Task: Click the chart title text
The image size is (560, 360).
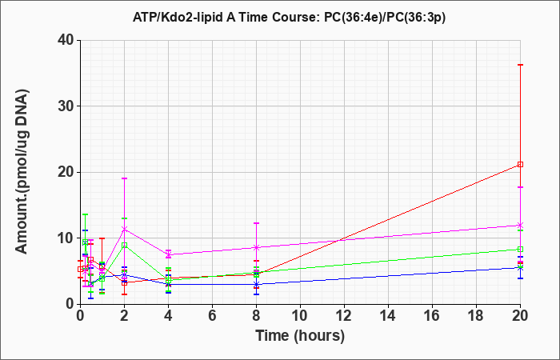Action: pyautogui.click(x=289, y=18)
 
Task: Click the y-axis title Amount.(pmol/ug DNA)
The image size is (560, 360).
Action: pyautogui.click(x=22, y=172)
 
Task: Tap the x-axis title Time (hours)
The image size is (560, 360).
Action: pyautogui.click(x=300, y=336)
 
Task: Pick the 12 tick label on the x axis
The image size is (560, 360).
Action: pyautogui.click(x=344, y=316)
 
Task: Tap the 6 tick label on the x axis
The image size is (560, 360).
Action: pyautogui.click(x=212, y=316)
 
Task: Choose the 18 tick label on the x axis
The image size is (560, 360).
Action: pyautogui.click(x=476, y=316)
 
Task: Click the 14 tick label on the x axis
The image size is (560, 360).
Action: pyautogui.click(x=388, y=316)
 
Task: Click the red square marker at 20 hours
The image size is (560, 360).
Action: pyautogui.click(x=520, y=165)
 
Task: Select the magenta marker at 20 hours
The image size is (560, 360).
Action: pyautogui.click(x=520, y=226)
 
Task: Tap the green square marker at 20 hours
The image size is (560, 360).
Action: pyautogui.click(x=520, y=250)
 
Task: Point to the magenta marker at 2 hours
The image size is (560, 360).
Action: pyautogui.click(x=124, y=229)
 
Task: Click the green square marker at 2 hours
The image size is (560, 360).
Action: pyautogui.click(x=124, y=246)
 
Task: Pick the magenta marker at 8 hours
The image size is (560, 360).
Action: pyautogui.click(x=256, y=247)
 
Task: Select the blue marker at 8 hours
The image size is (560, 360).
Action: pyautogui.click(x=256, y=284)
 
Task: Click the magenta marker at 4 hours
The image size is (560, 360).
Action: pyautogui.click(x=168, y=254)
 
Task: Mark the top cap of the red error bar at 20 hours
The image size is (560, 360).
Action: pyautogui.click(x=520, y=65)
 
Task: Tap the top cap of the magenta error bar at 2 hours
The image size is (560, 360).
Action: pyautogui.click(x=124, y=178)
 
